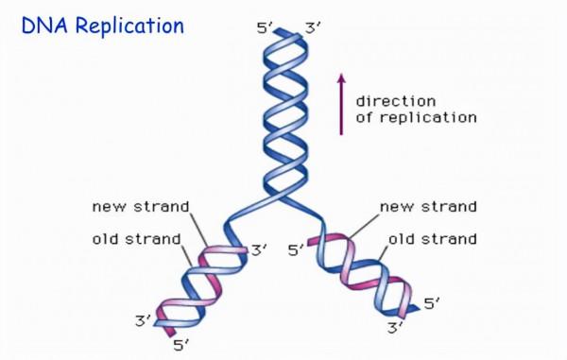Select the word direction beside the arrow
point(395,101)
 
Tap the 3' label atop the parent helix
point(311,29)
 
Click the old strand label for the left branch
point(137,239)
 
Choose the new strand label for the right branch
point(428,207)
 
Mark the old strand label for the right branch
point(435,239)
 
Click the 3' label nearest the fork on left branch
point(261,251)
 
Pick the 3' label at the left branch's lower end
point(143,322)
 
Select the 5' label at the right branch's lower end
point(432,304)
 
